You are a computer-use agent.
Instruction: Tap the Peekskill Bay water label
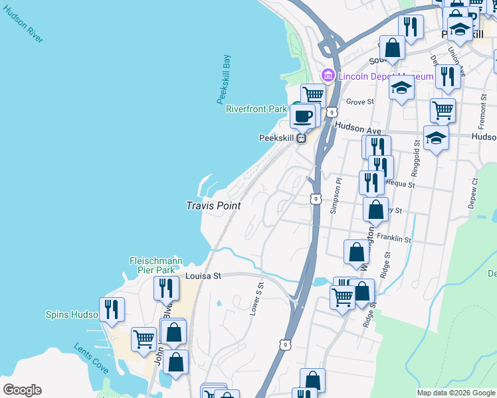224,79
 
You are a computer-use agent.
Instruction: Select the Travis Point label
213,206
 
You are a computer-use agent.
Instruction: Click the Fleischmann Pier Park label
152,265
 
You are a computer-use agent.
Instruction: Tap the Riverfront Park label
256,109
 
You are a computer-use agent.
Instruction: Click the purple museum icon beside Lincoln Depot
328,76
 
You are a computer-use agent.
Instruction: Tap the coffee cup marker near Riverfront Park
304,116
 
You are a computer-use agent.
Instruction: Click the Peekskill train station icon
301,138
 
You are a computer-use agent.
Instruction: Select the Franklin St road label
394,237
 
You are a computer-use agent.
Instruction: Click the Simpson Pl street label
335,196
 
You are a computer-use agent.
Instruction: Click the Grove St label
361,102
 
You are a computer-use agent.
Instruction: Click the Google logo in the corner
22,390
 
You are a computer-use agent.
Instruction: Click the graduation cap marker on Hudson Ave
436,138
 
